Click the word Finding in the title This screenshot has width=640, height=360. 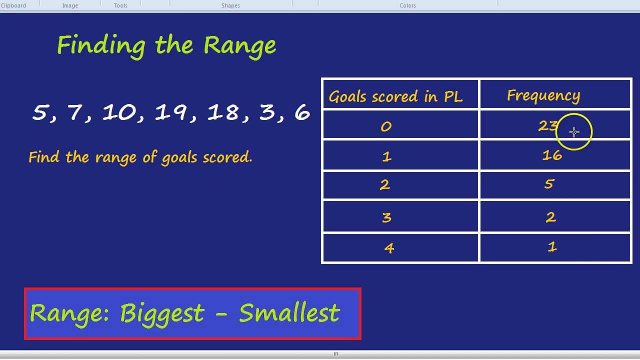[101, 45]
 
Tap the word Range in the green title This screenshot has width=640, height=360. [239, 45]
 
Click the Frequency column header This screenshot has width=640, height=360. [543, 95]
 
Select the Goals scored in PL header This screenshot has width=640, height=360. [395, 96]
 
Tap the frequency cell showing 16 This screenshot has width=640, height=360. [552, 155]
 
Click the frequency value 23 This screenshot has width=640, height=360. [548, 126]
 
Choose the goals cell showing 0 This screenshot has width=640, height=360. [386, 127]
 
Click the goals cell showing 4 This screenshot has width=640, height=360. [389, 248]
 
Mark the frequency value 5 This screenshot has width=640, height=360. [549, 184]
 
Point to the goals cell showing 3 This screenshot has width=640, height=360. [386, 217]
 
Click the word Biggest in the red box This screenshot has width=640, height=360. [162, 313]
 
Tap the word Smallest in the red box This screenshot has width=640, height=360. [289, 313]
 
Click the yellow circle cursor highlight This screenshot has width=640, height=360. [574, 132]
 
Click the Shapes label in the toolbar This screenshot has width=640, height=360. [230, 5]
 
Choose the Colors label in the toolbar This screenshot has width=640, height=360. [407, 5]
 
